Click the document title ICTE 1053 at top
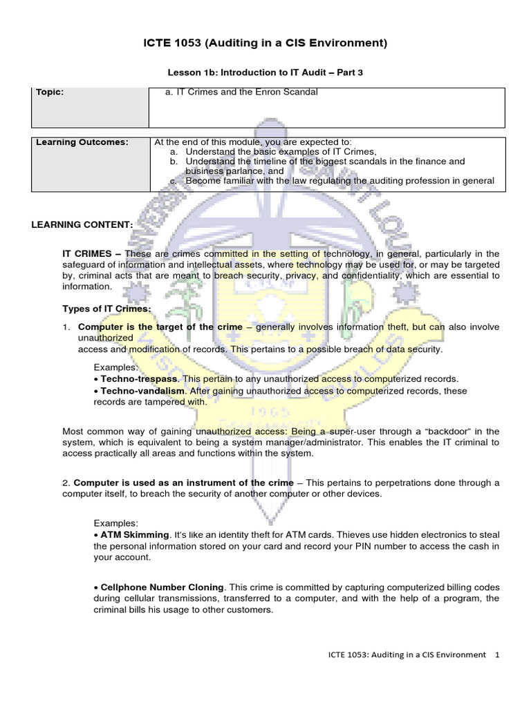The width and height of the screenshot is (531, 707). (265, 43)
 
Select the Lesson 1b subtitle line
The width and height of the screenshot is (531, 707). (265, 72)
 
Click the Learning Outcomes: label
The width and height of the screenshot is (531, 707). (82, 142)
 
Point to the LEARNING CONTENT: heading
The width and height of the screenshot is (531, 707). (82, 225)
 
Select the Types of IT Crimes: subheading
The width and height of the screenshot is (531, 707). (106, 309)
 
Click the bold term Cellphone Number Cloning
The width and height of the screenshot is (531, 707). (161, 586)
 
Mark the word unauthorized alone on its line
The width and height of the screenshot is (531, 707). (105, 338)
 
